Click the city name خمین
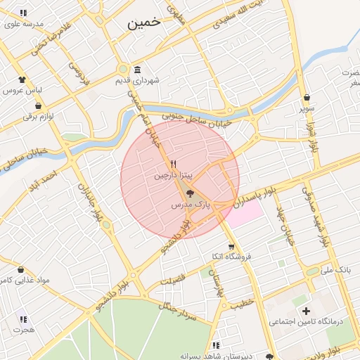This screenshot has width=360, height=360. [x=144, y=22]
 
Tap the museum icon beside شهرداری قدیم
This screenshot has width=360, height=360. [x=136, y=70]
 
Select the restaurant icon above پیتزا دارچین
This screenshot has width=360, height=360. [x=164, y=164]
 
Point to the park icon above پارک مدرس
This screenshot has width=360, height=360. [x=191, y=194]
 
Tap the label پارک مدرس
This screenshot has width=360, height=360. [x=191, y=205]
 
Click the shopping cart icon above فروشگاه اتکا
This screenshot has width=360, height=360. [x=231, y=246]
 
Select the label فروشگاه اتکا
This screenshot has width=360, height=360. [x=231, y=257]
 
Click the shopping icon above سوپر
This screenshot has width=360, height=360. [x=307, y=98]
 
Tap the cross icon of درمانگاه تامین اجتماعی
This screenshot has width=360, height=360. [x=305, y=310]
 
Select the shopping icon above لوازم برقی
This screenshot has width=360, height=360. [x=38, y=105]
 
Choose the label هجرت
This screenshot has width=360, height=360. [x=23, y=329]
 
